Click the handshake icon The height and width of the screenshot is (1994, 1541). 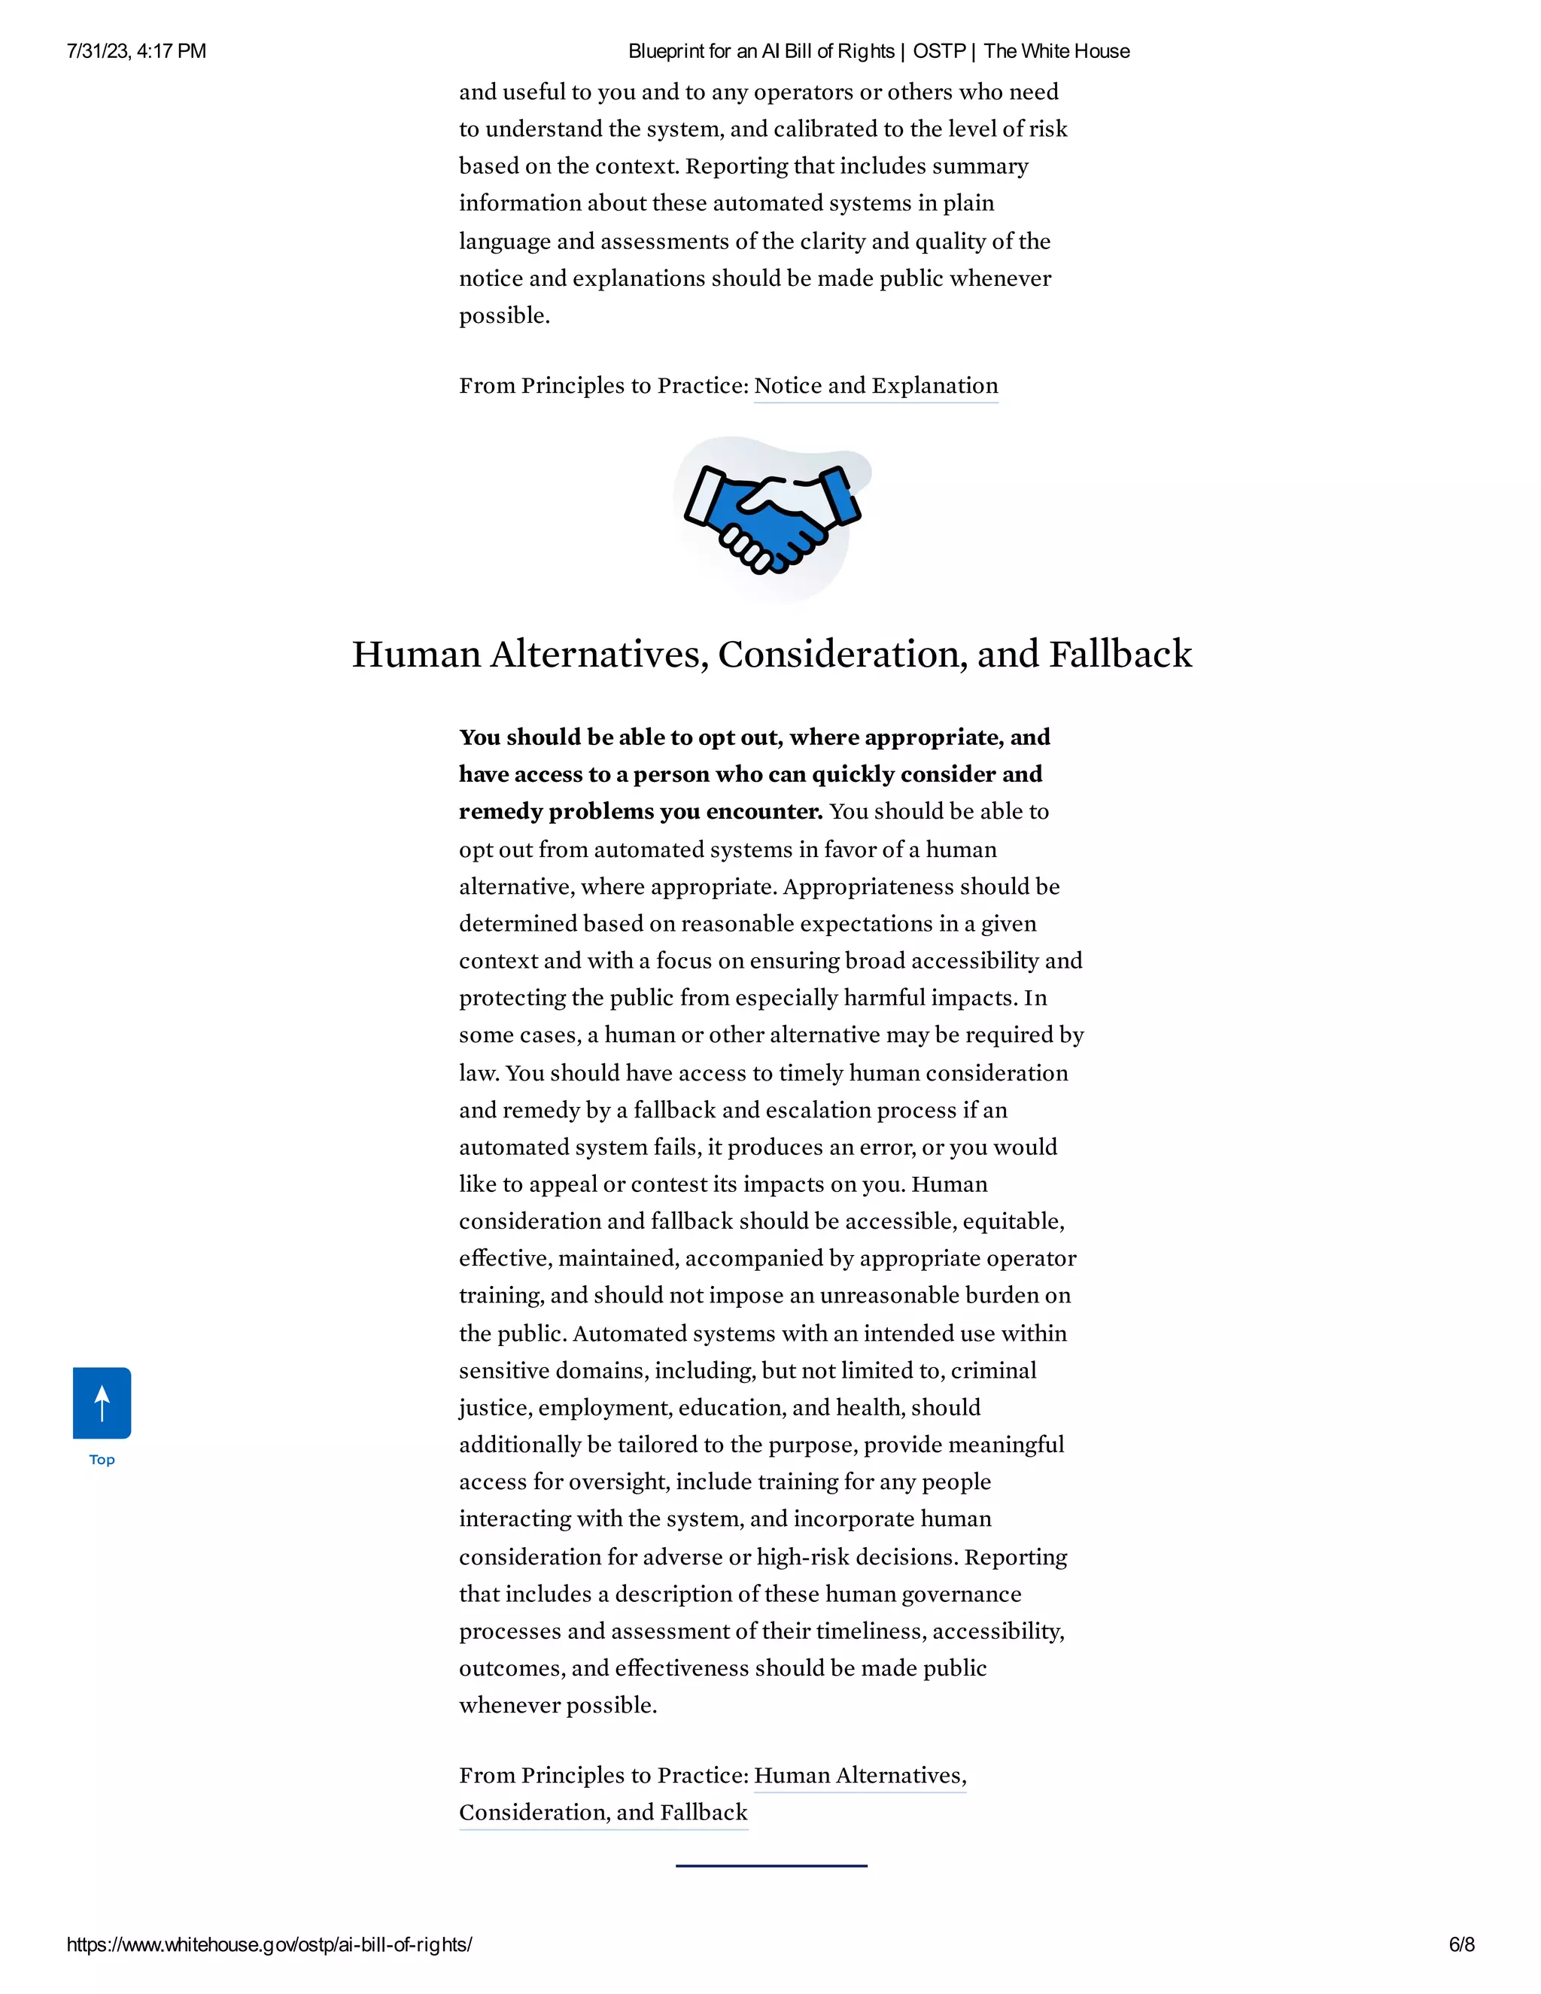(772, 518)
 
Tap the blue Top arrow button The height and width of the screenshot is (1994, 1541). (102, 1403)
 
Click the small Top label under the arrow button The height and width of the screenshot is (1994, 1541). (102, 1460)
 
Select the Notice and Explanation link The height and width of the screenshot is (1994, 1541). (876, 385)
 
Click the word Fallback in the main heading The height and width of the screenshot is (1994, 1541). (1120, 655)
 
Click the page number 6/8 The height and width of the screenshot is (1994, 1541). (1460, 1944)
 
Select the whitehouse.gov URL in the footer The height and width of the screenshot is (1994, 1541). (269, 1944)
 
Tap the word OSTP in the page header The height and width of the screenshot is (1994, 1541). (939, 51)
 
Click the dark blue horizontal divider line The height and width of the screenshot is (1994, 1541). (771, 1865)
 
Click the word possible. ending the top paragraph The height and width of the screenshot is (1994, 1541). (504, 316)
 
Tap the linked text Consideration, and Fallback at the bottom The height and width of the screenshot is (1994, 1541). (603, 1813)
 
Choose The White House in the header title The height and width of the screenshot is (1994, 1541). (1056, 51)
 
